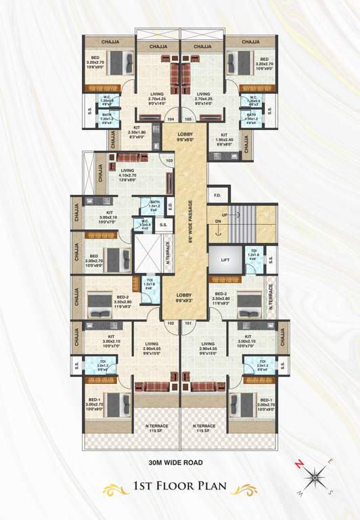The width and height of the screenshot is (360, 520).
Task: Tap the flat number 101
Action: (x=188, y=323)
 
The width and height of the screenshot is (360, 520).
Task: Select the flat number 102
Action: (x=171, y=323)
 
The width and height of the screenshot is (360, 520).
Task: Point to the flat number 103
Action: (x=169, y=160)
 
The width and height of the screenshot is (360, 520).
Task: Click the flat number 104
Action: (x=171, y=120)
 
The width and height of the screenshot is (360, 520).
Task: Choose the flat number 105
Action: (x=188, y=120)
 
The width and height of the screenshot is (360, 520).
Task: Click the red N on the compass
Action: (x=298, y=464)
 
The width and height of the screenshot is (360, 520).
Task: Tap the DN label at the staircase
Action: (x=218, y=221)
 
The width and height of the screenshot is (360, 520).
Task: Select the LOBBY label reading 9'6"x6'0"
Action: (x=185, y=137)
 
